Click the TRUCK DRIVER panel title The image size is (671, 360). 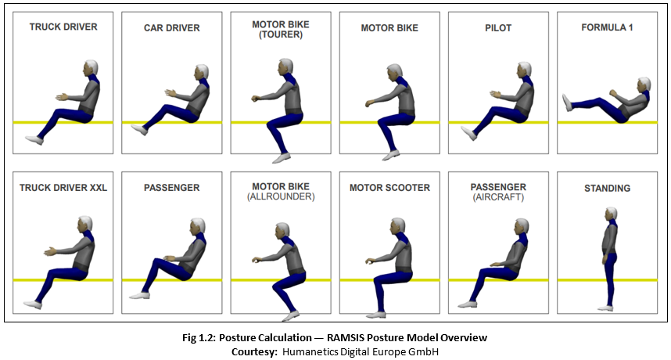(63, 27)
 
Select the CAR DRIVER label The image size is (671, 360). (172, 28)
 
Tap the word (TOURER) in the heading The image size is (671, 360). (280, 34)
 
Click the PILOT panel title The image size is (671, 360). (497, 28)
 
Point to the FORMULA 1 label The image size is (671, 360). (607, 27)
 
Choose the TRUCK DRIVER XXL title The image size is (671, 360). (63, 188)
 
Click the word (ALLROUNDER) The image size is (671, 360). (280, 196)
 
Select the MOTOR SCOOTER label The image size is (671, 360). (389, 188)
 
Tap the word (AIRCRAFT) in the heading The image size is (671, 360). (498, 197)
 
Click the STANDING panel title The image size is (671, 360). (607, 189)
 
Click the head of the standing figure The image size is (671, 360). (610, 214)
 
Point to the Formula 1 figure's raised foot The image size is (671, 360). (567, 103)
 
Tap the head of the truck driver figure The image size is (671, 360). (92, 67)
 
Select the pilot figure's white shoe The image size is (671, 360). (469, 134)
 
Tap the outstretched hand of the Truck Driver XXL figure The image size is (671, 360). (49, 251)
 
